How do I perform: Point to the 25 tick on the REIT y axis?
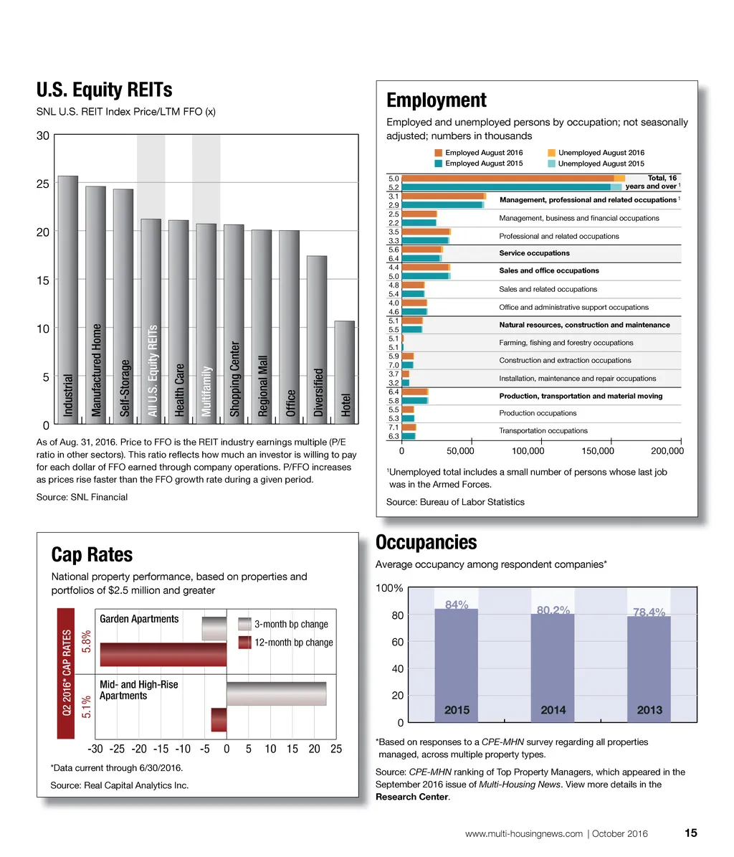[x=43, y=184]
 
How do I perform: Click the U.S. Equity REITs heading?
[x=104, y=90]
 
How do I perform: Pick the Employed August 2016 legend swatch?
[x=439, y=153]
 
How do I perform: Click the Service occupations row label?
[x=534, y=253]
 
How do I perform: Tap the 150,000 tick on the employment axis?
[x=598, y=451]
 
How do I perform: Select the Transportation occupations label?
[x=543, y=430]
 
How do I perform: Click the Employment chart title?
[x=436, y=100]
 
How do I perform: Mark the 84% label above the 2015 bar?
[x=457, y=605]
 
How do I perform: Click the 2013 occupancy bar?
[x=649, y=667]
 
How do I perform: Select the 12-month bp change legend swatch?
[x=244, y=643]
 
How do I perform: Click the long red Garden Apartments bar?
[x=163, y=655]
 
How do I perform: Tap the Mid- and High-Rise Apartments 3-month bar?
[x=276, y=693]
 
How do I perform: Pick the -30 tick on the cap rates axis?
[x=95, y=749]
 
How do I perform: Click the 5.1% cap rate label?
[x=86, y=707]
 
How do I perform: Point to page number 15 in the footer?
[x=690, y=833]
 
